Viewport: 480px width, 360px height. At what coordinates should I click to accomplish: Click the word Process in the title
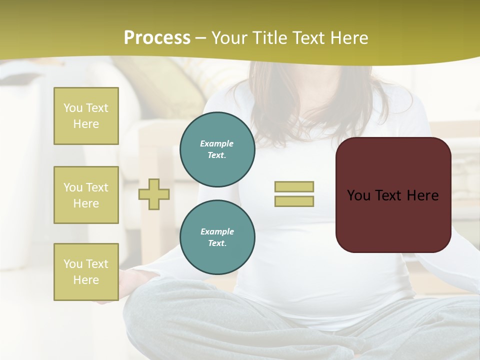(157, 38)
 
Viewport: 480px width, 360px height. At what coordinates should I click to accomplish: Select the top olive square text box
(86, 116)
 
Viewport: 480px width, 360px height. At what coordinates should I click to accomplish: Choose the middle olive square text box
(86, 195)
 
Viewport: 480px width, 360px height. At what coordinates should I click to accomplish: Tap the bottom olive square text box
(86, 272)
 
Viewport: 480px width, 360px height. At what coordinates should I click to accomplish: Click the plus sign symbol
(154, 194)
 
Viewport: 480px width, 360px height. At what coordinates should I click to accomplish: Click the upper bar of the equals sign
(294, 186)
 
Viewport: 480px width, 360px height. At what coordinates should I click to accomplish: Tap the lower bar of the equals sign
(294, 201)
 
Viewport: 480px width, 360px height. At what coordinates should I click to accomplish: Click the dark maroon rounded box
(393, 220)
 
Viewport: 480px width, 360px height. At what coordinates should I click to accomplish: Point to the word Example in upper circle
(217, 143)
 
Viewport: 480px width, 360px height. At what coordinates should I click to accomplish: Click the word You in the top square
(73, 108)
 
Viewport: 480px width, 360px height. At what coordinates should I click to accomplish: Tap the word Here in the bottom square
(86, 280)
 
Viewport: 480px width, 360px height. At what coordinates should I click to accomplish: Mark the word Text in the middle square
(97, 187)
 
